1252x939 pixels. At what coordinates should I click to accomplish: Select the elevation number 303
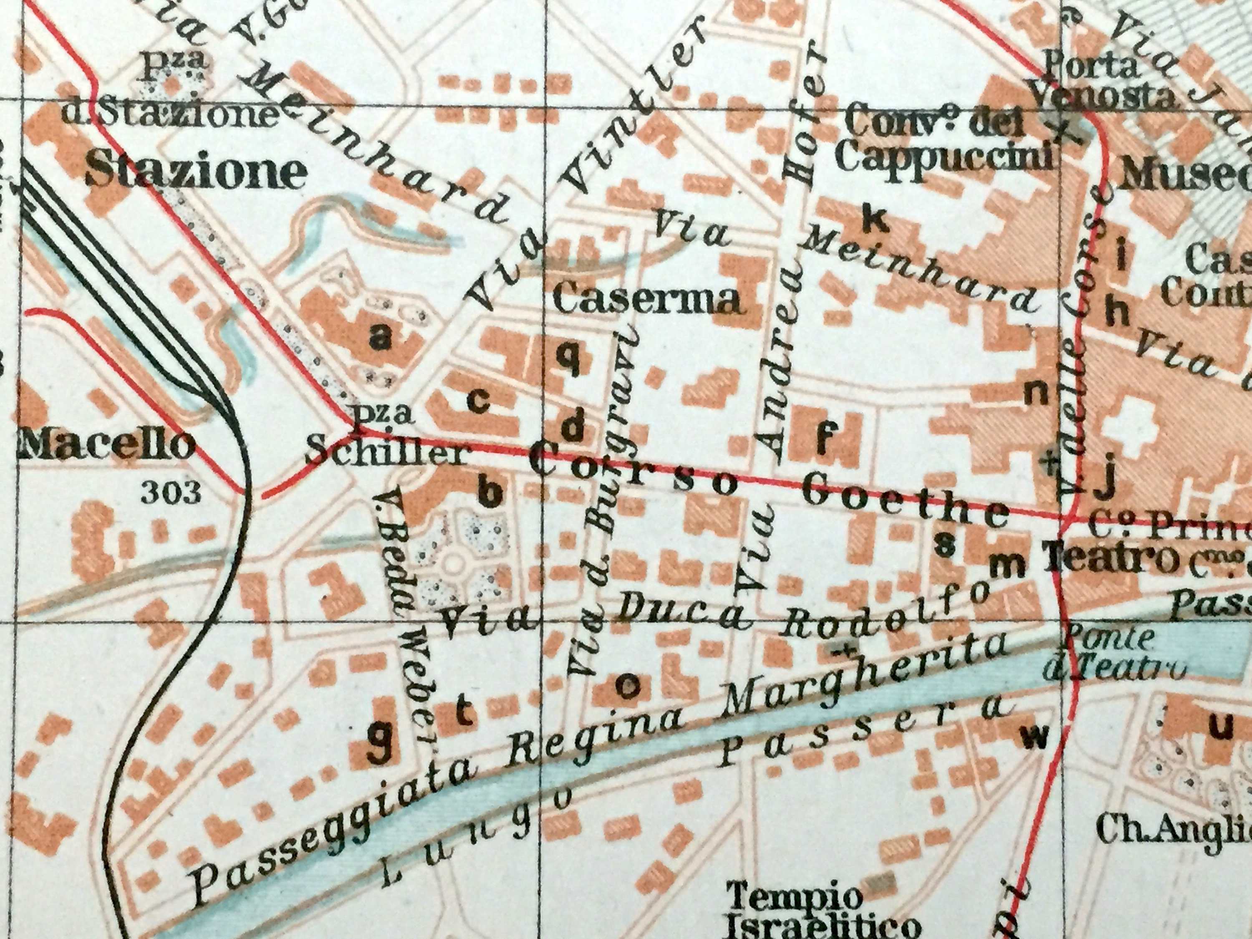click(x=171, y=492)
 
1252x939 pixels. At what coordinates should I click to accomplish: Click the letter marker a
click(x=380, y=338)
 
